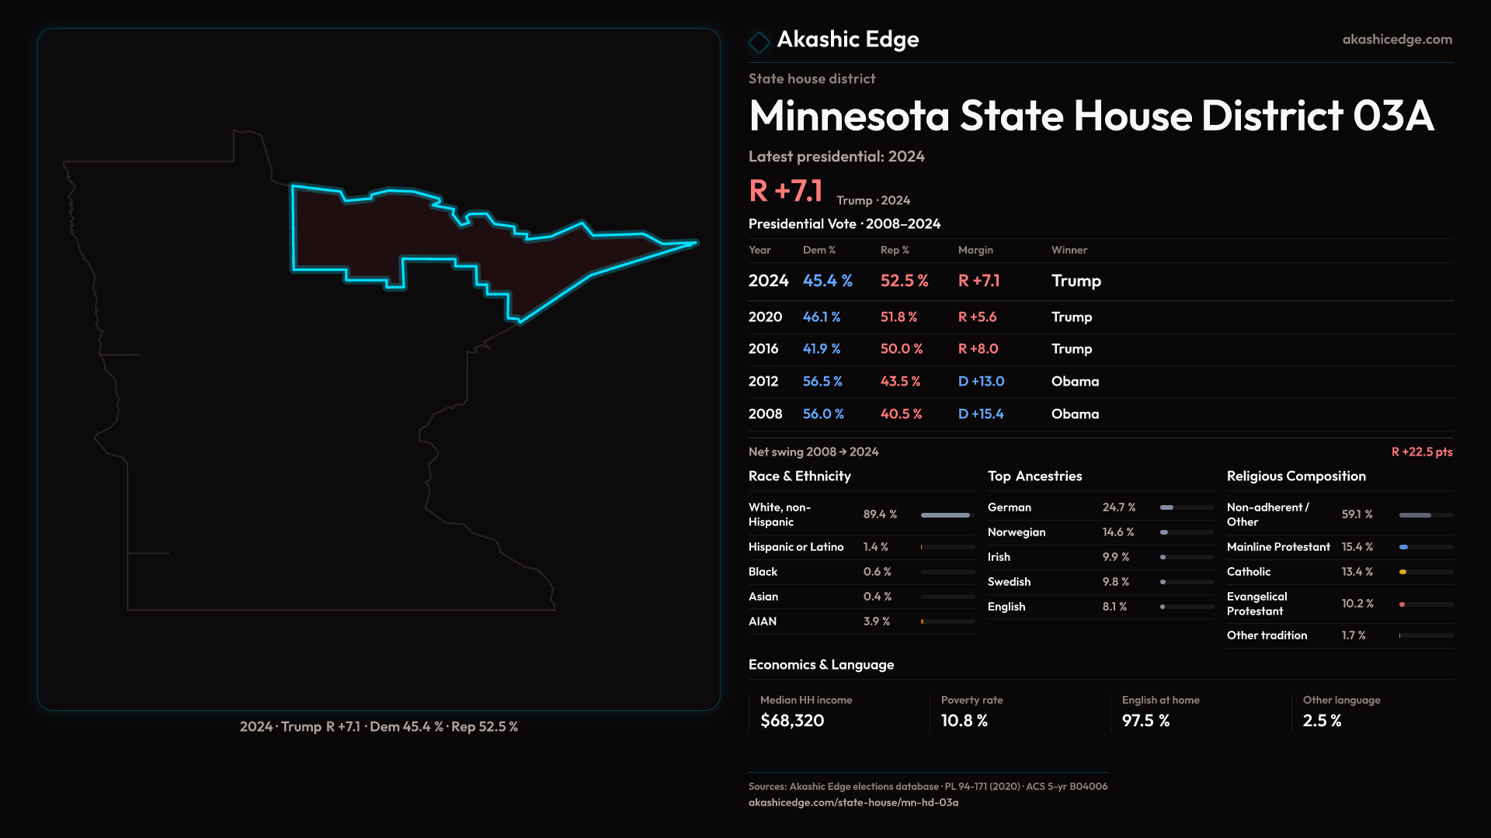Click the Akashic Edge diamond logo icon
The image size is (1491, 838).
pyautogui.click(x=759, y=41)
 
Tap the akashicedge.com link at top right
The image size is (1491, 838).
pyautogui.click(x=1397, y=40)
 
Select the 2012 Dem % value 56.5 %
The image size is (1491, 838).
pyautogui.click(x=822, y=382)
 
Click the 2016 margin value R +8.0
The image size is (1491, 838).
pyautogui.click(x=978, y=349)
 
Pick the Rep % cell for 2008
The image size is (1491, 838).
pyautogui.click(x=901, y=414)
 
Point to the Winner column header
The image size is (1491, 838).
pyautogui.click(x=1069, y=250)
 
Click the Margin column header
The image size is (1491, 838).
pyautogui.click(x=975, y=250)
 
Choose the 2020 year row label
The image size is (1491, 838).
pyautogui.click(x=765, y=317)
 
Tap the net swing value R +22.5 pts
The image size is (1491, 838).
pyautogui.click(x=1421, y=452)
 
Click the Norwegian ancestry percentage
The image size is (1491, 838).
pyautogui.click(x=1118, y=532)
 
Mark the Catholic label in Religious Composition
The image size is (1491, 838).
pyautogui.click(x=1249, y=572)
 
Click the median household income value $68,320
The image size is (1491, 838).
pyautogui.click(x=792, y=721)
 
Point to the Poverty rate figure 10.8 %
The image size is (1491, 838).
pyautogui.click(x=964, y=721)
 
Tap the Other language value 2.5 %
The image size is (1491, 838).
pyautogui.click(x=1322, y=721)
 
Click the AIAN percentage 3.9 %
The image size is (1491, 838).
pyautogui.click(x=877, y=622)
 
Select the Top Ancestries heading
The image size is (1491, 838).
pyautogui.click(x=1034, y=476)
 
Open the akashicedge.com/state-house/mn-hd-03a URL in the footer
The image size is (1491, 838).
pyautogui.click(x=853, y=803)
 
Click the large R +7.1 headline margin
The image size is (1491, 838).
pyautogui.click(x=785, y=191)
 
